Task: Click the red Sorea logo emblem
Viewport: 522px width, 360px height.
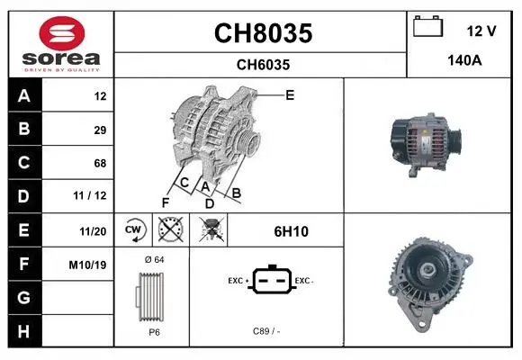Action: point(62,33)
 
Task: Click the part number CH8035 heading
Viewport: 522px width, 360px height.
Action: point(264,33)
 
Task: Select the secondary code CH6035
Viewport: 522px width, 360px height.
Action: point(263,65)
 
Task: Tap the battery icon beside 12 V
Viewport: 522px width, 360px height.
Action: point(427,26)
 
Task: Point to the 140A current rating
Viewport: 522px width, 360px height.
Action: point(464,60)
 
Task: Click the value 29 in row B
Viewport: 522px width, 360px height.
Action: point(100,130)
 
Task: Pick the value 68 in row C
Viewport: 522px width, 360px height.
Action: point(100,163)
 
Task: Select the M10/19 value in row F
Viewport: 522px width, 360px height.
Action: point(87,265)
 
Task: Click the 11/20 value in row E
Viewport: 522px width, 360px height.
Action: point(93,231)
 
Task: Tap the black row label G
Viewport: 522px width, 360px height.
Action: point(24,297)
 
